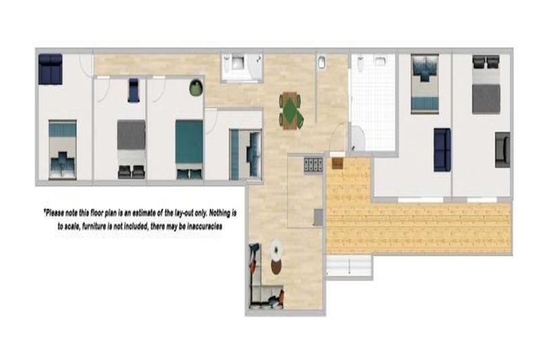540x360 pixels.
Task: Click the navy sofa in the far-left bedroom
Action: pyautogui.click(x=51, y=69)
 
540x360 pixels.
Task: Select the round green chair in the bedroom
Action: pyautogui.click(x=195, y=88)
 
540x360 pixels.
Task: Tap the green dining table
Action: pyautogui.click(x=290, y=110)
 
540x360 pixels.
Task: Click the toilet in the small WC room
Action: pyautogui.click(x=321, y=63)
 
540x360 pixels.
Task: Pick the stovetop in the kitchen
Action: pyautogui.click(x=313, y=165)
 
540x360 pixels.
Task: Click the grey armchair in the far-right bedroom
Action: pyautogui.click(x=502, y=149)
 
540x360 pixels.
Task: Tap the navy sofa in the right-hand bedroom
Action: pyautogui.click(x=442, y=149)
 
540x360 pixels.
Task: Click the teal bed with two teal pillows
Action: pyautogui.click(x=189, y=148)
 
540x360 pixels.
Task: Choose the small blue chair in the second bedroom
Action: pyautogui.click(x=134, y=91)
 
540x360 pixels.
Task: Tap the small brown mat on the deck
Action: pyautogui.click(x=337, y=163)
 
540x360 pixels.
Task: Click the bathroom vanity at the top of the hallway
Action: pyautogui.click(x=240, y=65)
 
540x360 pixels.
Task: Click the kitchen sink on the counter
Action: pyautogui.click(x=318, y=217)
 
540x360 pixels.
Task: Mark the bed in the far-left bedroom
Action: pyautogui.click(x=63, y=149)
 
